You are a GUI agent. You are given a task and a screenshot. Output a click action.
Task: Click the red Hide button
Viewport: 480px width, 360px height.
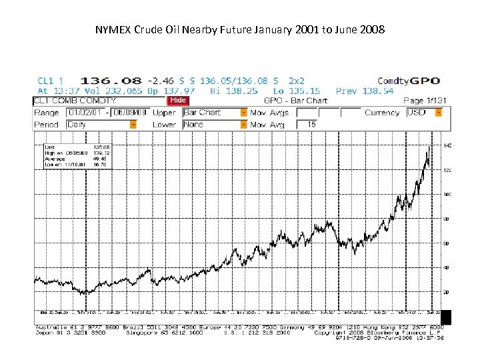pyautogui.click(x=178, y=101)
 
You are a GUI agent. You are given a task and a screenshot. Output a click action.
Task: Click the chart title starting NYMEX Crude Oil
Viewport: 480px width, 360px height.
pyautogui.click(x=239, y=30)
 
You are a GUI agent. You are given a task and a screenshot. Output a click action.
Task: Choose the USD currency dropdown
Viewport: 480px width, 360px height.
pyautogui.click(x=424, y=113)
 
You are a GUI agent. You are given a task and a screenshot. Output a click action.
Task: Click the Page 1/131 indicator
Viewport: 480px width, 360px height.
pyautogui.click(x=423, y=101)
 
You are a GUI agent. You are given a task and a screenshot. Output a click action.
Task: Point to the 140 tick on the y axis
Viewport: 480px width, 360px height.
pyautogui.click(x=447, y=145)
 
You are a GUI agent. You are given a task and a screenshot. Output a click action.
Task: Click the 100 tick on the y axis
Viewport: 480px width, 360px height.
pyautogui.click(x=447, y=195)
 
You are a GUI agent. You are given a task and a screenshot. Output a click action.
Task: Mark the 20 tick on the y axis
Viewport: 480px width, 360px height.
pyautogui.click(x=447, y=292)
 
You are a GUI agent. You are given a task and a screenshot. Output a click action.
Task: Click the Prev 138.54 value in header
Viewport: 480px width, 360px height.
pyautogui.click(x=364, y=91)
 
